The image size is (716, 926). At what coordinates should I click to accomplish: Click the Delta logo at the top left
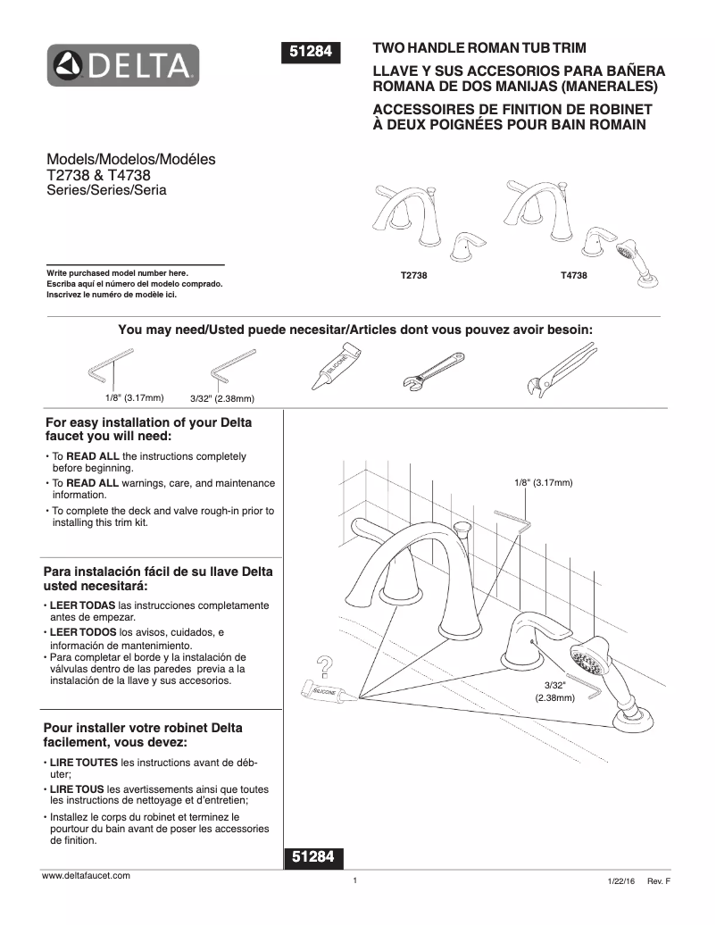tap(123, 65)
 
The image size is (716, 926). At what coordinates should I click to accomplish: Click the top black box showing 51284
tap(312, 53)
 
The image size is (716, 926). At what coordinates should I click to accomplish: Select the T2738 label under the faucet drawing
tap(414, 277)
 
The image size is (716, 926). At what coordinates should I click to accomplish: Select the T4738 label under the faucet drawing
tap(573, 277)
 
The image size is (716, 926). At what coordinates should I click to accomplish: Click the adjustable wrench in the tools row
tap(429, 372)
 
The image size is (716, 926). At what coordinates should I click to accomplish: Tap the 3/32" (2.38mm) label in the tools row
tap(223, 398)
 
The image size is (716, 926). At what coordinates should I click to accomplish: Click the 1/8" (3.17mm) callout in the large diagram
tap(543, 482)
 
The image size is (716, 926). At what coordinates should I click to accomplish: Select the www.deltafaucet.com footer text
tap(87, 876)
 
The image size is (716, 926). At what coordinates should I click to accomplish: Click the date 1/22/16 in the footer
tap(620, 881)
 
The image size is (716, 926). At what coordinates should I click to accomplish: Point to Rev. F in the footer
tap(658, 881)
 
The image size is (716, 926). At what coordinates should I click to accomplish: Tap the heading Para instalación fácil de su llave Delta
tap(158, 571)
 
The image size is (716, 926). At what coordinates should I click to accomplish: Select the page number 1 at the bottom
tap(354, 881)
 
